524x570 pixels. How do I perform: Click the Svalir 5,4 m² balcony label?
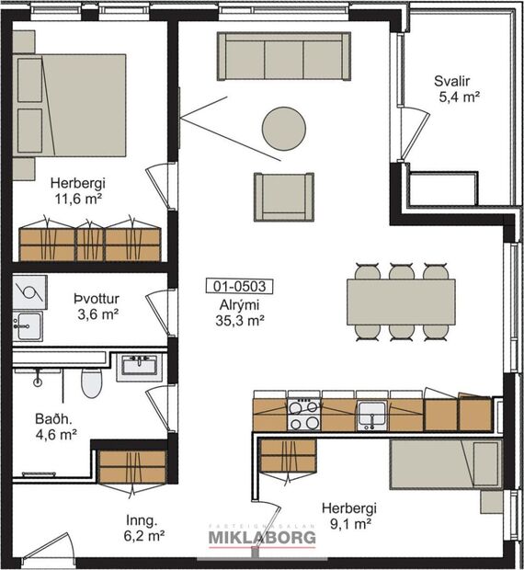pos(458,88)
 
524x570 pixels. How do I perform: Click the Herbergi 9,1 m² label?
pos(348,517)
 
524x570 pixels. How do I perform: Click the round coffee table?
pos(283,128)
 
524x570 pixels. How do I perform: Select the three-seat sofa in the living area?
pos(284,56)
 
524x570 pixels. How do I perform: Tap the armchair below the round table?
pos(284,195)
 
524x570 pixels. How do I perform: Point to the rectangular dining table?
pos(400,301)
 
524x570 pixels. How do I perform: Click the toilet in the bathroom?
pos(91,383)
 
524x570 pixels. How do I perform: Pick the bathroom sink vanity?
pos(140,368)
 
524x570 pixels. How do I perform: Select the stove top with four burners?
pos(304,414)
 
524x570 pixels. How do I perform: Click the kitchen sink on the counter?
pos(371,413)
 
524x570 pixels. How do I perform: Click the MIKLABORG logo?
pos(262,537)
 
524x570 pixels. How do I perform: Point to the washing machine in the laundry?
pos(28,294)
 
